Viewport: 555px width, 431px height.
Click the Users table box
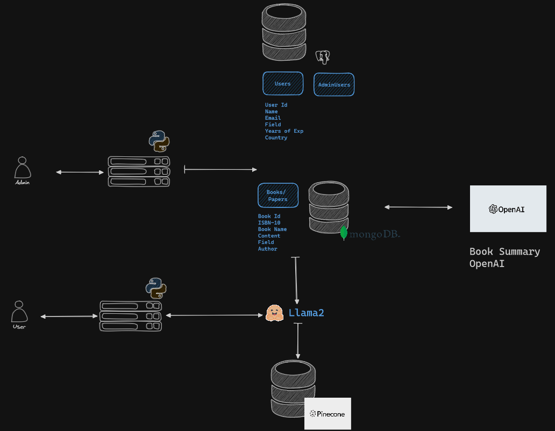click(283, 84)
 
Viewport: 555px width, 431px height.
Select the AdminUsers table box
click(334, 84)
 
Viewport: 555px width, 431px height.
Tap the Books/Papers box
click(277, 196)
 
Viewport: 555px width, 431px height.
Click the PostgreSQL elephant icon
click(323, 56)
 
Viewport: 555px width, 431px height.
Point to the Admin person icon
click(22, 169)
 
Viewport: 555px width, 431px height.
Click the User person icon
click(19, 313)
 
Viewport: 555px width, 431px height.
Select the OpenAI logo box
click(508, 209)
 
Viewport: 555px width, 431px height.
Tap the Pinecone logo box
click(328, 414)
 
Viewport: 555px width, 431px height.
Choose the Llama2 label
click(306, 313)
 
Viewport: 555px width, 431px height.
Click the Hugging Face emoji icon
click(275, 313)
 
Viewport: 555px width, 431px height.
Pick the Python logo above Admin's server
click(159, 141)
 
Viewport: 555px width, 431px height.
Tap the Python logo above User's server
click(156, 288)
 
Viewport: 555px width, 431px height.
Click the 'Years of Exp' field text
click(284, 131)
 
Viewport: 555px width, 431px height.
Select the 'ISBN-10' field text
click(269, 222)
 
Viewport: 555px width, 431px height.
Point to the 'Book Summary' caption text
click(504, 252)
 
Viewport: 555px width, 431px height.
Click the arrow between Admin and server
click(80, 173)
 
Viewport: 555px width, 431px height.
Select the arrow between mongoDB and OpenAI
click(418, 207)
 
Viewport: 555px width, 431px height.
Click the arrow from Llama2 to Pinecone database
click(297, 341)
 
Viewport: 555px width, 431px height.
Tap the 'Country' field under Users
click(276, 138)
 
